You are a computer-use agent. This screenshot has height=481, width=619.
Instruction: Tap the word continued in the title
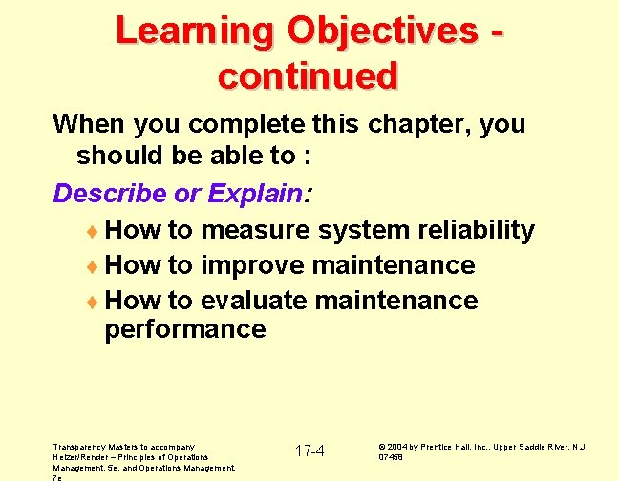[308, 75]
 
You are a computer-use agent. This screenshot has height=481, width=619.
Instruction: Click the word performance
[185, 330]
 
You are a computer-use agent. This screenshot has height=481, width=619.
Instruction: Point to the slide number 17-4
[309, 450]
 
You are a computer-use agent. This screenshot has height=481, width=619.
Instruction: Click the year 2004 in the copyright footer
[400, 447]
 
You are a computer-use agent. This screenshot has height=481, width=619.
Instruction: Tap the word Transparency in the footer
[80, 446]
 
